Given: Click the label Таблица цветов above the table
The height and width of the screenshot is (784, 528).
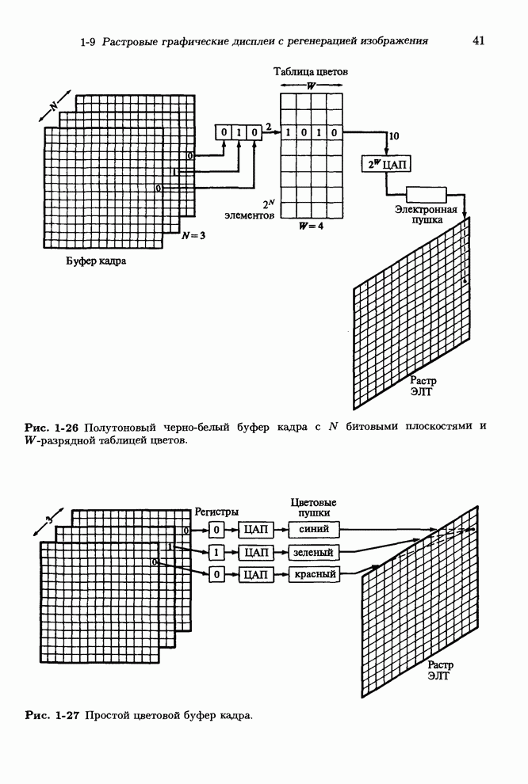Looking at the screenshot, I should pos(311,72).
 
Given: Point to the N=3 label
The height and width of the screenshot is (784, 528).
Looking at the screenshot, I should pos(193,235).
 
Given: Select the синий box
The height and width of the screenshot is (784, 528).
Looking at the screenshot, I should pos(314,529).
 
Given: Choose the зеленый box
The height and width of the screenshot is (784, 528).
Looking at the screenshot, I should pos(314,551).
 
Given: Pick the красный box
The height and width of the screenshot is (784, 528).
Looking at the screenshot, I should pos(314,573).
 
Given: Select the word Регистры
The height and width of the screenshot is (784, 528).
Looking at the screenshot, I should pos(216,512).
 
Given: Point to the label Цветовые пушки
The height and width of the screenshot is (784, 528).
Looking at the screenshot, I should pos(314,508).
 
